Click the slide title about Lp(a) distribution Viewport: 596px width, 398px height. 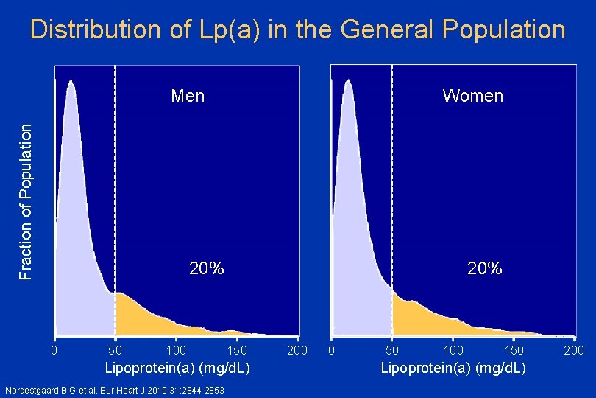pyautogui.click(x=298, y=30)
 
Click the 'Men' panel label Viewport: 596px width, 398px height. pyautogui.click(x=188, y=96)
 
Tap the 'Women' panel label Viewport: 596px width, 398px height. pyautogui.click(x=472, y=96)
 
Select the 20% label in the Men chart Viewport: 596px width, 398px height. pyautogui.click(x=207, y=268)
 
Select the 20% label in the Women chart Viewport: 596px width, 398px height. pyautogui.click(x=485, y=268)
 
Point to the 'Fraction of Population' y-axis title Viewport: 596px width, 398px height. pyautogui.click(x=26, y=200)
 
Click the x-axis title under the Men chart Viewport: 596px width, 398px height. pyautogui.click(x=177, y=367)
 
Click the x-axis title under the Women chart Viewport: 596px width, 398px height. pyautogui.click(x=453, y=367)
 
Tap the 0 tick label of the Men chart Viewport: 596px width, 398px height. pyautogui.click(x=54, y=349)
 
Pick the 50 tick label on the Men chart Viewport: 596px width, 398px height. pyautogui.click(x=115, y=349)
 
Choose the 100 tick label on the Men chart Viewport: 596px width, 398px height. pyautogui.click(x=176, y=349)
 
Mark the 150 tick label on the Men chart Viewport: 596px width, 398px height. pyautogui.click(x=237, y=349)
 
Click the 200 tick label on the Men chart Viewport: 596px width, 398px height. pyautogui.click(x=297, y=349)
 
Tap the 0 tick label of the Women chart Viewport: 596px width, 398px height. pyautogui.click(x=332, y=349)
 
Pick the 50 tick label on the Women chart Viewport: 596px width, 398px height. pyautogui.click(x=392, y=349)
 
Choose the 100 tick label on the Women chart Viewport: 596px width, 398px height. pyautogui.click(x=453, y=349)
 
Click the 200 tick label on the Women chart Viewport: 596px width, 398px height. pyautogui.click(x=575, y=349)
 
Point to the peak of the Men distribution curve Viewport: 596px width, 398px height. pyautogui.click(x=71, y=81)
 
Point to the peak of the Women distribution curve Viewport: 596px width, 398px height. pyautogui.click(x=348, y=81)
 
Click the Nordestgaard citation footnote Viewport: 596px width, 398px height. pyautogui.click(x=114, y=390)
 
